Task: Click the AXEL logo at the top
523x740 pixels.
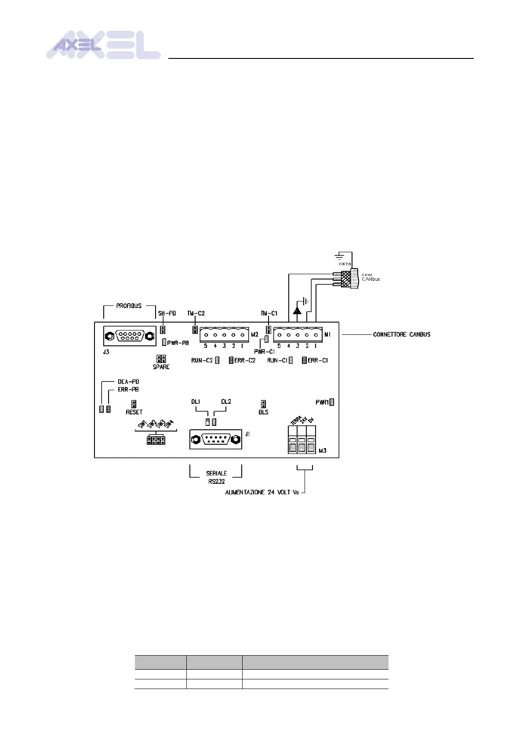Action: (103, 45)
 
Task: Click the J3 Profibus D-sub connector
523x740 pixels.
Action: (130, 337)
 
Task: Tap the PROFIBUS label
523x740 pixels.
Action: (129, 306)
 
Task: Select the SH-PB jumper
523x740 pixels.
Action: (163, 330)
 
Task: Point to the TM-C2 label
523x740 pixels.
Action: (196, 313)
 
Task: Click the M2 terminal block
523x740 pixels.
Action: (224, 335)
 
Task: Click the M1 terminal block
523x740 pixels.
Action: (298, 335)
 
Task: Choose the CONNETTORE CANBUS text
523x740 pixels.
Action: (401, 334)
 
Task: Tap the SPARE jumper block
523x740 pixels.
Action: (161, 359)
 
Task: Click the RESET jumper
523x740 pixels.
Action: (134, 404)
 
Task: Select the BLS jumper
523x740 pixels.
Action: (263, 404)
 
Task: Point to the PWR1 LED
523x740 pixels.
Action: (332, 402)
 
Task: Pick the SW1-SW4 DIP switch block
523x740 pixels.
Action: (156, 440)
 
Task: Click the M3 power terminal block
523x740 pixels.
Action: (302, 441)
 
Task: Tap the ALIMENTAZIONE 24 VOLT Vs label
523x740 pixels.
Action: (262, 492)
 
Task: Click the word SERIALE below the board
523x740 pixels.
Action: (216, 473)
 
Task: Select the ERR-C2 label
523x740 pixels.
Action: (245, 360)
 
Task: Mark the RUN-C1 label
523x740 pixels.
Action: (277, 360)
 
